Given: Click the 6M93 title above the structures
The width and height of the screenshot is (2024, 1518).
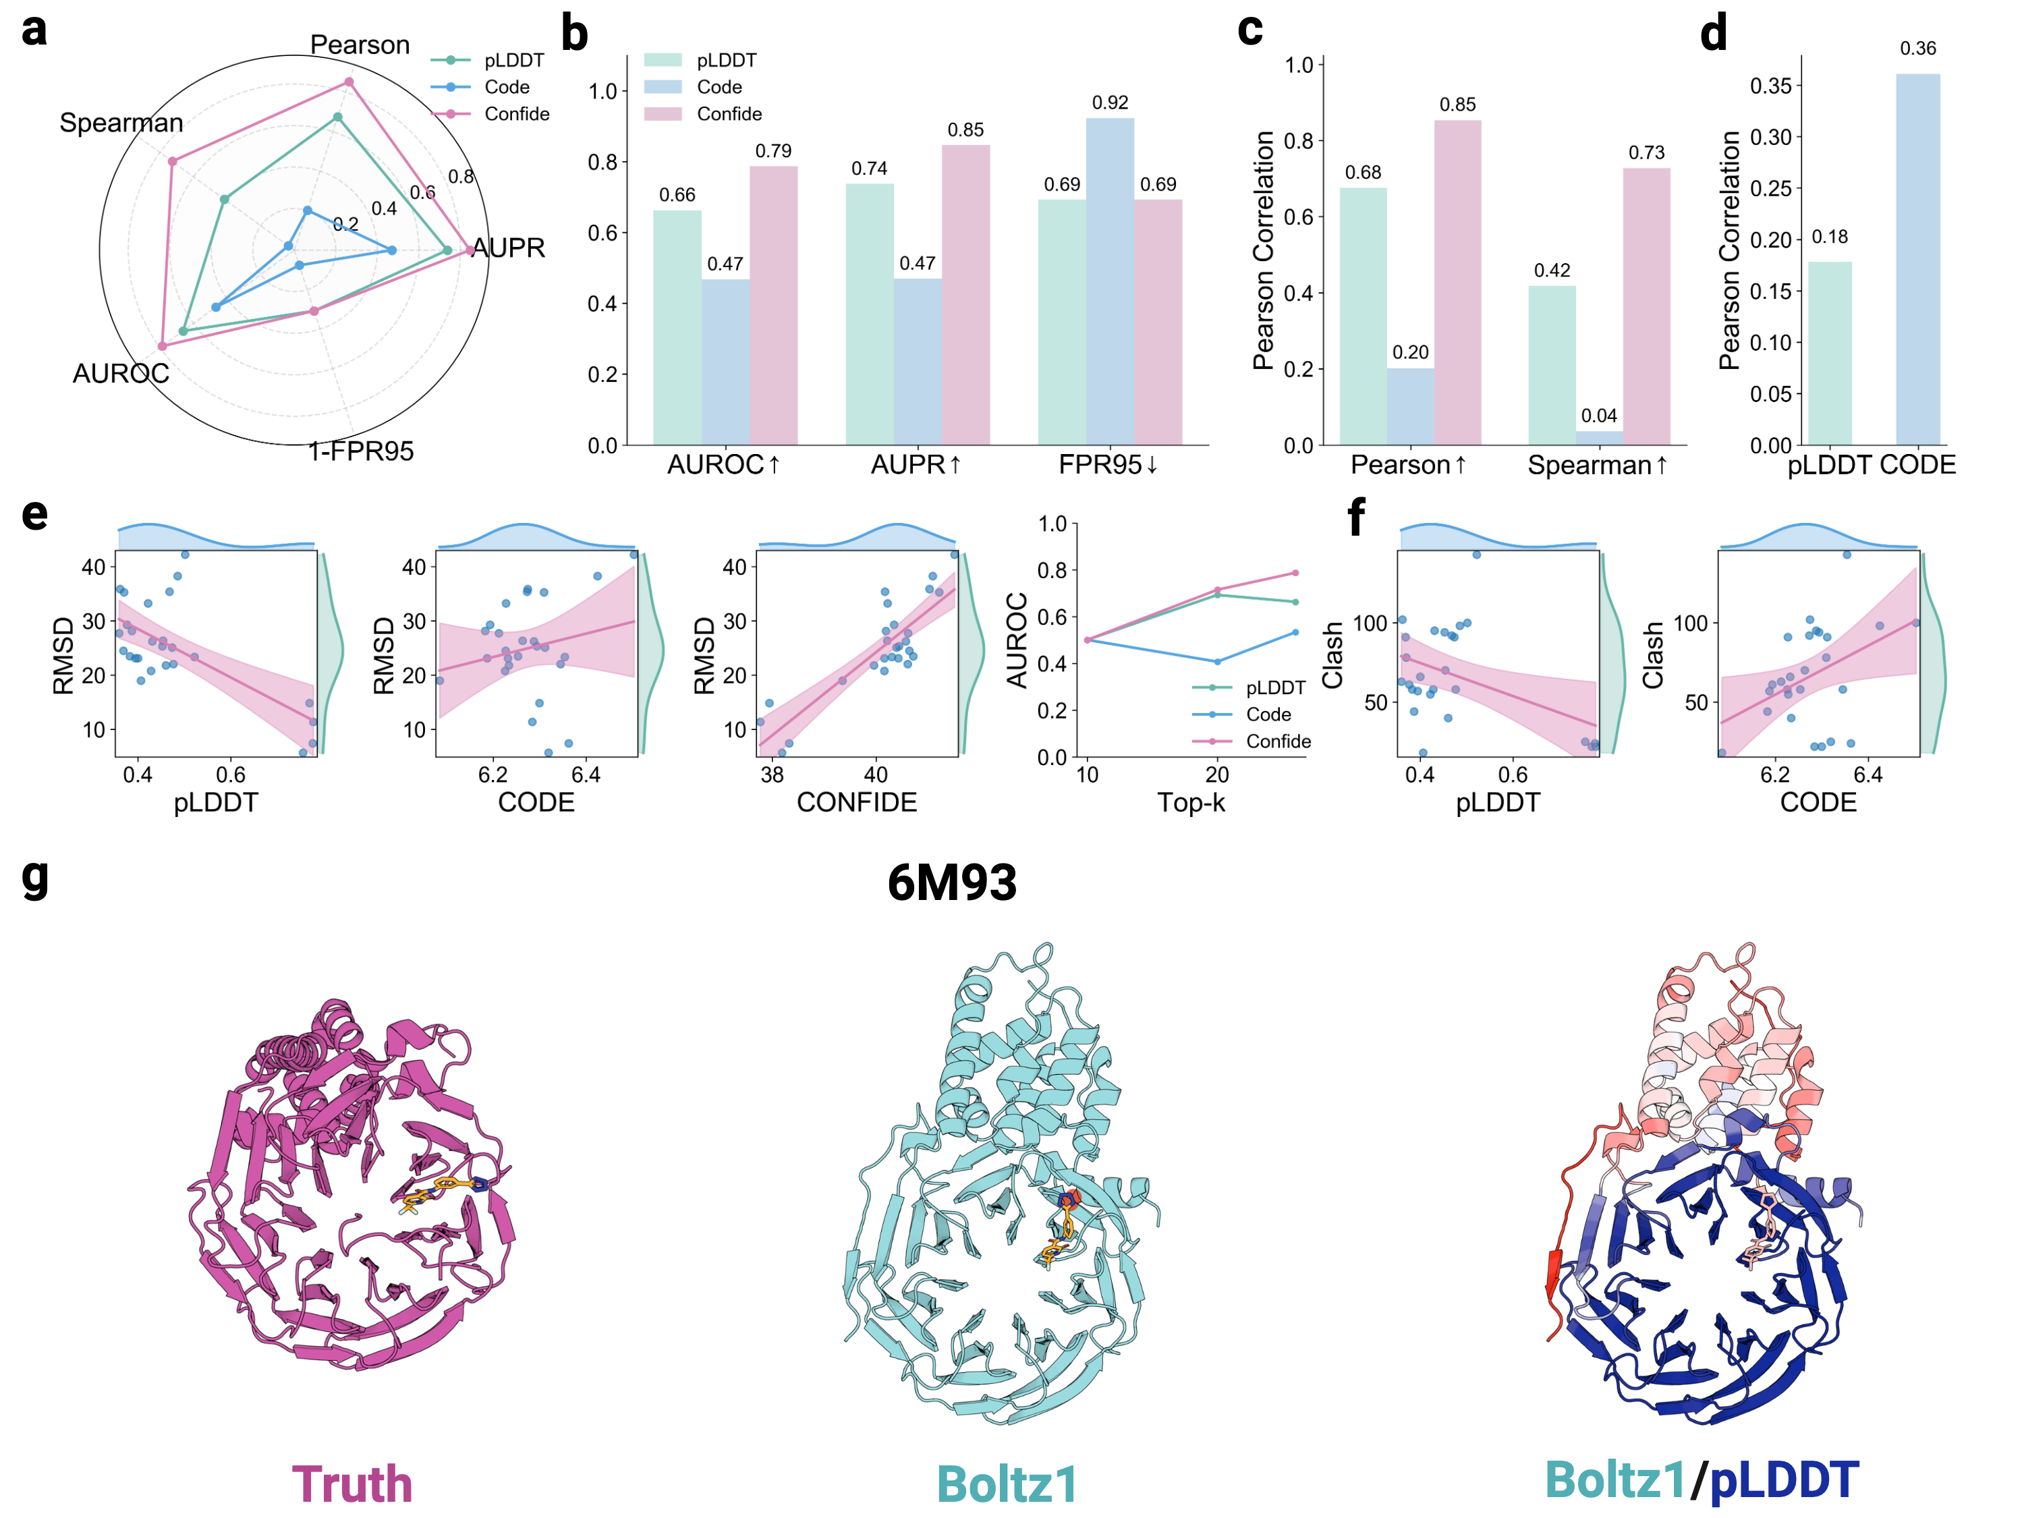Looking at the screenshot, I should coord(951,883).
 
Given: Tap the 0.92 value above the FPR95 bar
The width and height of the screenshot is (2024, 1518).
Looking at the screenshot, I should coord(1109,103).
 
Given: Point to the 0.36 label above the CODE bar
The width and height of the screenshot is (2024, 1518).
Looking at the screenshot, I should coord(1918,49).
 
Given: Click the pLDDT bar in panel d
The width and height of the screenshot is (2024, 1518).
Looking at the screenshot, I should coord(1829,354).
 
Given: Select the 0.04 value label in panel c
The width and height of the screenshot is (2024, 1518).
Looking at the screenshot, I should coord(1598,416).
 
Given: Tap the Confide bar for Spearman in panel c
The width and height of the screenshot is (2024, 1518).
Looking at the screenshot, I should coord(1646,306).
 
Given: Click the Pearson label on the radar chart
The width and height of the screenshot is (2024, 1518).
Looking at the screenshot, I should coord(360,45).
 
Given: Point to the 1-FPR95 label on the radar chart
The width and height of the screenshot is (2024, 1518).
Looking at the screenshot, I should coord(360,451).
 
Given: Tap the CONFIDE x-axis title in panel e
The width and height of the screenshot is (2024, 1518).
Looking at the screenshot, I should coord(856,802).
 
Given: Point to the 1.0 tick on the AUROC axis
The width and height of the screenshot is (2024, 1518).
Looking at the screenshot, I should coord(1052,524).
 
